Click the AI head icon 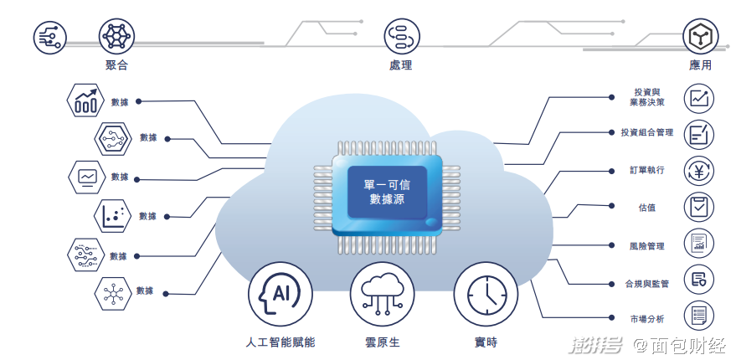pos(281,295)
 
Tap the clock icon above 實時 pos(486,295)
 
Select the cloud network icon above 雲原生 pos(382,295)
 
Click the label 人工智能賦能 pos(281,342)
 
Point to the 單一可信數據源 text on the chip pos(387,192)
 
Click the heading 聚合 pos(116,64)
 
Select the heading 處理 pos(400,64)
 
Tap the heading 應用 pos(700,64)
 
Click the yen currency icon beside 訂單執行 pos(699,171)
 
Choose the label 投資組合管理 pos(646,132)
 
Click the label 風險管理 pos(646,245)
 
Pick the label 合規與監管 pos(646,284)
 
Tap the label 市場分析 pos(646,319)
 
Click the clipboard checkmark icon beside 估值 pos(699,207)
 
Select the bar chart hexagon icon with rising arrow pos(85,100)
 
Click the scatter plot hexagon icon pos(113,216)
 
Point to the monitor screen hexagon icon pos(87,177)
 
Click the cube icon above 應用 pos(700,37)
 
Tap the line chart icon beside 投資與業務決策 pos(699,99)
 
